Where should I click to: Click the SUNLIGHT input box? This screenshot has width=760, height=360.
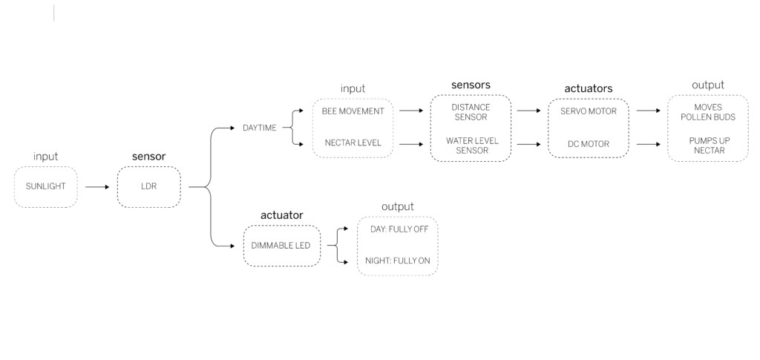(45, 187)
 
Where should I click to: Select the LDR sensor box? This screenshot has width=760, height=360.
(148, 187)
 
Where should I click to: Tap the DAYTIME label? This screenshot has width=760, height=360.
(259, 128)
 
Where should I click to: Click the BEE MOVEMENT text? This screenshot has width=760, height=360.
(353, 111)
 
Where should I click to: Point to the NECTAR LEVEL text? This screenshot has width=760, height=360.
(353, 143)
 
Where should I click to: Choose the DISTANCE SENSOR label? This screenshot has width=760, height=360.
(471, 112)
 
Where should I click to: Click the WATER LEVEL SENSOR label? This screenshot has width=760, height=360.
(471, 145)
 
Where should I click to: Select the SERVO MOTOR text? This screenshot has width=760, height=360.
(589, 111)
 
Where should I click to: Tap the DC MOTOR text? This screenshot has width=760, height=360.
(589, 143)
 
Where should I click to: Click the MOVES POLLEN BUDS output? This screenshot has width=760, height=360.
(707, 112)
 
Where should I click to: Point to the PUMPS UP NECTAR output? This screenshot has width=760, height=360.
(707, 145)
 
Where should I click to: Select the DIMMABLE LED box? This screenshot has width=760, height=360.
(281, 246)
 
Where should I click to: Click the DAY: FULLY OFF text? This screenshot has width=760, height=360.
(399, 229)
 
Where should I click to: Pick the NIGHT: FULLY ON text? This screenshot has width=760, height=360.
(397, 261)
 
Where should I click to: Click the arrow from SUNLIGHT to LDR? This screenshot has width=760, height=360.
(96, 187)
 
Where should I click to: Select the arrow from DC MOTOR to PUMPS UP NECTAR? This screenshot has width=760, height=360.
(648, 143)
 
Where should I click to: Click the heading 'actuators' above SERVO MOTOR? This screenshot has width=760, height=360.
(588, 88)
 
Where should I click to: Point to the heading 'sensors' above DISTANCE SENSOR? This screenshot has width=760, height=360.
(471, 85)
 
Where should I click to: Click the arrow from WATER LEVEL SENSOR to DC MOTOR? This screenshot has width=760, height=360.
(528, 143)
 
